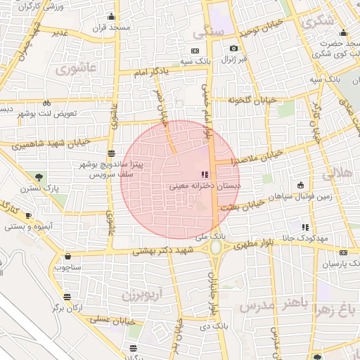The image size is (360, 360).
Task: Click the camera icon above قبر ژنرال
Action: (x=233, y=49)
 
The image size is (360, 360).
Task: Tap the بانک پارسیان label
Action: (x=339, y=264)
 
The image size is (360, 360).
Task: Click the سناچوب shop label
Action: (x=67, y=268)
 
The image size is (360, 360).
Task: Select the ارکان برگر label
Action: (x=68, y=308)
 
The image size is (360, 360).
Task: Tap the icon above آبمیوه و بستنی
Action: (x=28, y=215)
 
